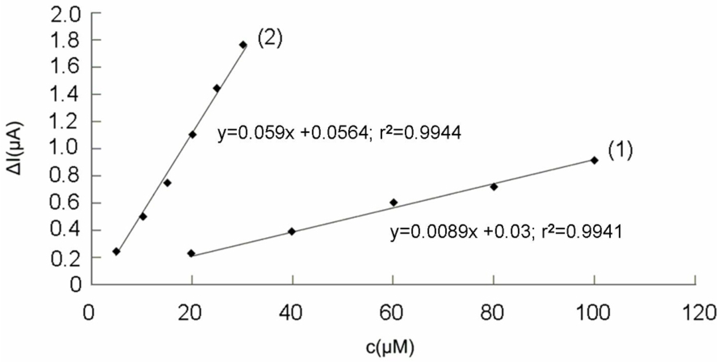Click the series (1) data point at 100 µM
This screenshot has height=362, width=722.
click(594, 160)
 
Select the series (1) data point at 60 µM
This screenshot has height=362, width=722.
click(393, 202)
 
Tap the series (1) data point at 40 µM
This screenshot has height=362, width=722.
click(292, 232)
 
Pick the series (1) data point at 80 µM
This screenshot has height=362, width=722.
click(494, 187)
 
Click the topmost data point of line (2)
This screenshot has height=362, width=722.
click(243, 45)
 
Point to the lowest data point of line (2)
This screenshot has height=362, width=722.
click(116, 251)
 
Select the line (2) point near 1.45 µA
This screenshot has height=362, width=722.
click(217, 88)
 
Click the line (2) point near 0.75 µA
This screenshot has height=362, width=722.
click(167, 183)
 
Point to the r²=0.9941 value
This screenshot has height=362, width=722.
click(582, 232)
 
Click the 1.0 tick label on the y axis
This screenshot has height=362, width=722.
click(64, 149)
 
